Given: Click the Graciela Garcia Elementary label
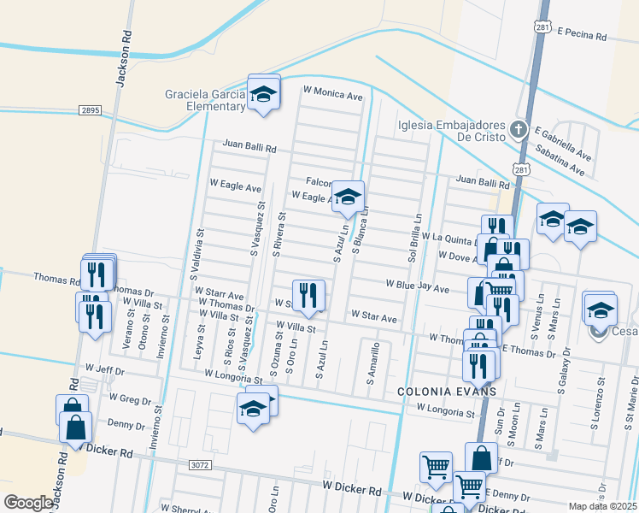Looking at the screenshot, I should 206,100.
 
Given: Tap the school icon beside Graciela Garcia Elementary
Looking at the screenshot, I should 264,94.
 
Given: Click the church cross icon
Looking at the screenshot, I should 517,130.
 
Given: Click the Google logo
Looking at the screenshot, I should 28,502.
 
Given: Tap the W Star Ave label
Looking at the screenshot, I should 373,318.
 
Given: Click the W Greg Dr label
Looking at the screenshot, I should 130,398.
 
